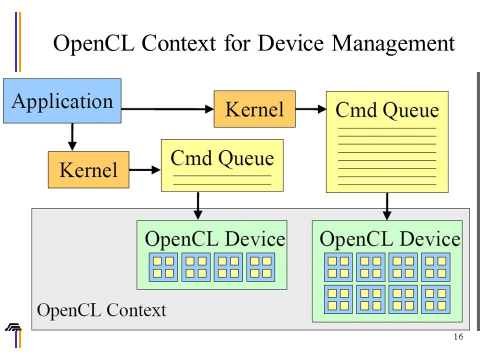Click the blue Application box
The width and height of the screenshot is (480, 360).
pos(62,101)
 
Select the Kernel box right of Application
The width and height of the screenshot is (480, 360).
pos(254,109)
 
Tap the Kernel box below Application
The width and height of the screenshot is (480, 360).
pos(88,169)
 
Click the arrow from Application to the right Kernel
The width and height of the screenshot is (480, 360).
pos(167,109)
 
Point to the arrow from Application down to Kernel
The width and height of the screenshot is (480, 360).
pos(72,137)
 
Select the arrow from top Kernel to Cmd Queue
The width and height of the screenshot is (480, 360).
pos(311,109)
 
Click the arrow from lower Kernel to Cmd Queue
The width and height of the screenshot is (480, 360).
pos(145,169)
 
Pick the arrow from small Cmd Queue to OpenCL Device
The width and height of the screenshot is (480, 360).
pos(198,205)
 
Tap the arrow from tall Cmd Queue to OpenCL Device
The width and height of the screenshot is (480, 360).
pos(387,206)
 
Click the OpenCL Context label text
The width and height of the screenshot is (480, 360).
pos(101,310)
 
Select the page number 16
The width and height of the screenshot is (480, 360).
pos(458,336)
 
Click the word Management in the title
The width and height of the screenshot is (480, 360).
pos(393,43)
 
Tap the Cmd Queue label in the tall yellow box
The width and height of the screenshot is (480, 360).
pos(387,110)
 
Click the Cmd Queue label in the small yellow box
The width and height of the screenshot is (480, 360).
pos(222,158)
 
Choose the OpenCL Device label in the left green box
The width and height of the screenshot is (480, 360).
pos(215,239)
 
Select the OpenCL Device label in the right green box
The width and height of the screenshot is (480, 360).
pos(390,239)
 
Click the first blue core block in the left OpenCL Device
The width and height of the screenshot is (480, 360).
pos(163,267)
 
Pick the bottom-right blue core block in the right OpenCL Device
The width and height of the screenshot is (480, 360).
pos(435,299)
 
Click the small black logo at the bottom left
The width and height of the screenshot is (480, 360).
pos(13,327)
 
